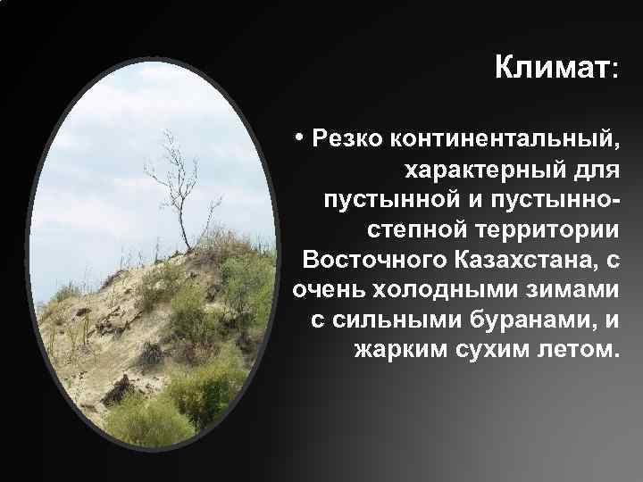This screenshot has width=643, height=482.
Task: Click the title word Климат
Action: click(x=549, y=67)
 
